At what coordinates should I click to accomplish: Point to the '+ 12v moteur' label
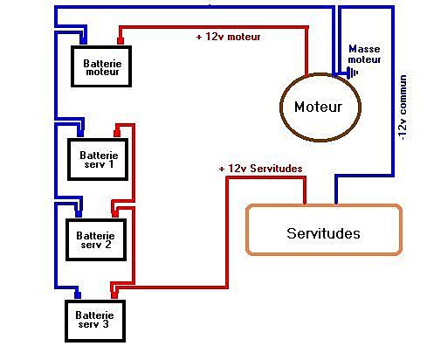229,37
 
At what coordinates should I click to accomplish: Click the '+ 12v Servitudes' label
260,169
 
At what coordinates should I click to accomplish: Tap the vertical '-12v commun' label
403,107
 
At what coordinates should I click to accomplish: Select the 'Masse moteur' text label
364,54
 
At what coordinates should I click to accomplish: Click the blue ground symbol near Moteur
352,73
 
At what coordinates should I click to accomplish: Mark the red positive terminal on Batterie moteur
121,41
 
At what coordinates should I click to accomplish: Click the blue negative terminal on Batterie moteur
84,41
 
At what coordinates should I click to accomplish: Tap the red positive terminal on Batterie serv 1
117,134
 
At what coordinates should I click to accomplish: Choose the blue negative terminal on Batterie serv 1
80,134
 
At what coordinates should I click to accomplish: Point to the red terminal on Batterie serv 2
115,214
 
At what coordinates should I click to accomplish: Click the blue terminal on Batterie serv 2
79,214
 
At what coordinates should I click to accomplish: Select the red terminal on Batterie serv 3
114,295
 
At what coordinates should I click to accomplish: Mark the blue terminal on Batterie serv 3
78,295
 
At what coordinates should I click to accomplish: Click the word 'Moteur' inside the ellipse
318,107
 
